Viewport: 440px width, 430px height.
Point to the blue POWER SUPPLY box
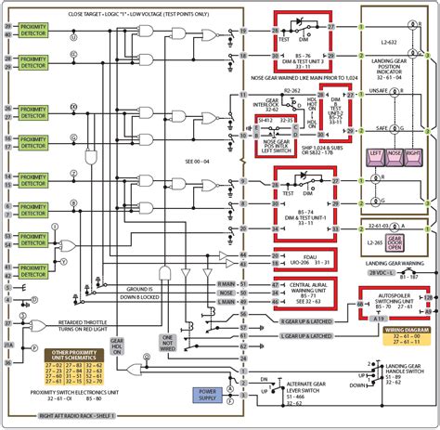[205, 395]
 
